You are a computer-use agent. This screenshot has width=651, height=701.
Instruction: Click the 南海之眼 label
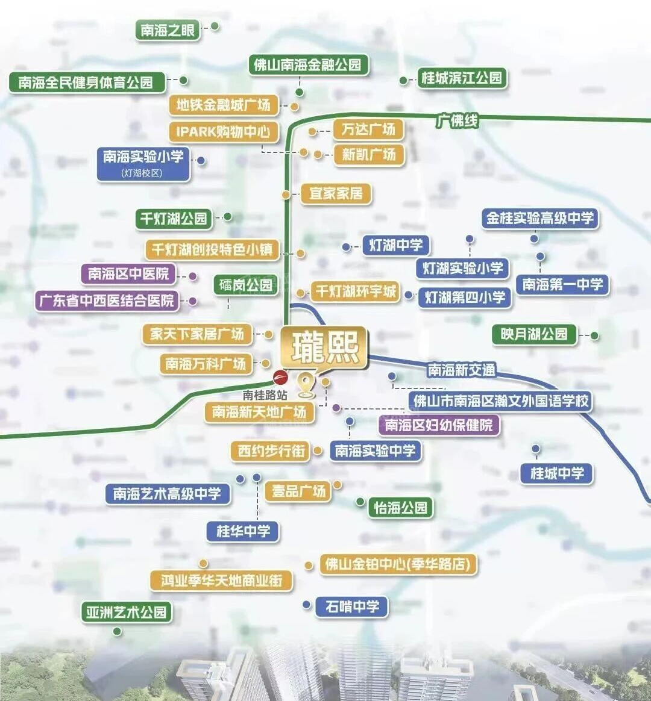pyautogui.click(x=168, y=31)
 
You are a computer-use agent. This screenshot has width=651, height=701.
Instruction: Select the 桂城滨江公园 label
pyautogui.click(x=461, y=78)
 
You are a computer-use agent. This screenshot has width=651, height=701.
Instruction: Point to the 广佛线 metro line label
pyautogui.click(x=458, y=120)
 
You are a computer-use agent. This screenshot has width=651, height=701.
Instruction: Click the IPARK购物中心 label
pyautogui.click(x=223, y=131)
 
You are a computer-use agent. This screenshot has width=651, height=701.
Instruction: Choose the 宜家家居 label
pyautogui.click(x=336, y=193)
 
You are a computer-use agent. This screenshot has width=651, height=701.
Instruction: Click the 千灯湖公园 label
pyautogui.click(x=174, y=219)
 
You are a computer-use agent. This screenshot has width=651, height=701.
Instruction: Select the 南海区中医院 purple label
pyautogui.click(x=128, y=273)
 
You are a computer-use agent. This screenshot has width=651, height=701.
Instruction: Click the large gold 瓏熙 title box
pyautogui.click(x=325, y=347)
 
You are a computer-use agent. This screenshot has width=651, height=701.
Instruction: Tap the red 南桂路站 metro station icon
pyautogui.click(x=280, y=378)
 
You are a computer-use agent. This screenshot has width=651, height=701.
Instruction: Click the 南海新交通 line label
pyautogui.click(x=461, y=370)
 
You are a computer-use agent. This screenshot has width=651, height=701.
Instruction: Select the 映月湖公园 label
pyautogui.click(x=533, y=334)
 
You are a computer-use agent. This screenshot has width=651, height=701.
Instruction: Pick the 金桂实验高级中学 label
pyautogui.click(x=539, y=218)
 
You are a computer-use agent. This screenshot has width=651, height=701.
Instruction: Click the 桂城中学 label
pyautogui.click(x=557, y=473)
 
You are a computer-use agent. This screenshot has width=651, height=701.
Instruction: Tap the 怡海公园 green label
pyautogui.click(x=400, y=508)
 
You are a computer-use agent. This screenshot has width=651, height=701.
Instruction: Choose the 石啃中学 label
pyautogui.click(x=352, y=606)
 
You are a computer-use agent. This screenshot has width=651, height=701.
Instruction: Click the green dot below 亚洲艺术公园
pyautogui.click(x=117, y=631)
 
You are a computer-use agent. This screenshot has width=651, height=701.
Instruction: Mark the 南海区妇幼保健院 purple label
pyautogui.click(x=439, y=425)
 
